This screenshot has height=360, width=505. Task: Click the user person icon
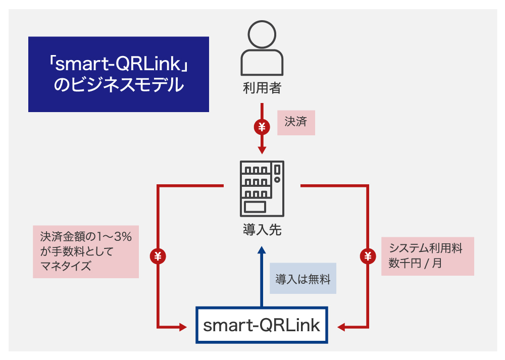point(262,49)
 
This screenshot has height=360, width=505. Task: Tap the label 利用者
point(262,89)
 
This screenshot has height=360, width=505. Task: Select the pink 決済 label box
point(296,123)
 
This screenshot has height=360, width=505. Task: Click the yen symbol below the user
point(262,127)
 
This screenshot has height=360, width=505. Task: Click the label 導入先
point(262,231)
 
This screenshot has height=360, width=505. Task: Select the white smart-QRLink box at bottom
point(262,325)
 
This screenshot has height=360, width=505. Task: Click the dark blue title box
point(119,74)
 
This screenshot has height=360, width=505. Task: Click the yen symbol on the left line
point(158,256)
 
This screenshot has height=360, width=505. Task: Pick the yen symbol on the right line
point(368,256)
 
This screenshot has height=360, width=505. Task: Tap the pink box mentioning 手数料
point(86,251)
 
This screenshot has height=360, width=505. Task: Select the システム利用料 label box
point(427,256)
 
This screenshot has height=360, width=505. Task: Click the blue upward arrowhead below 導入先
point(262,249)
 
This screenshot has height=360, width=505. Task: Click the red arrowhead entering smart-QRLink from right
point(341,328)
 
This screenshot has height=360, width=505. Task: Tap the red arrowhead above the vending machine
point(262,150)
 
